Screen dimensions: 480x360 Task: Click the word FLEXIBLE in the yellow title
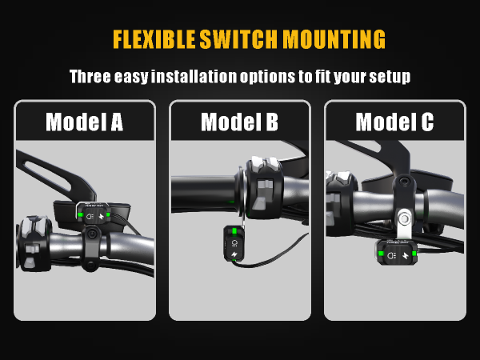click(154, 39)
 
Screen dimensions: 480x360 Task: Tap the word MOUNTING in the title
click(334, 39)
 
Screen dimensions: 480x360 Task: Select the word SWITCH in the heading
click(238, 39)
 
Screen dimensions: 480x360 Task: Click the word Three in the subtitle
click(90, 76)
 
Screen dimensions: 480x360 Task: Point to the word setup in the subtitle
click(390, 77)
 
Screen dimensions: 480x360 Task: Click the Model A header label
click(85, 122)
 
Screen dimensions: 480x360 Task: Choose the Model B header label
click(240, 122)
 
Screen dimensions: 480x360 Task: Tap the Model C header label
click(394, 122)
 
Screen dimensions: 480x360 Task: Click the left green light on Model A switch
click(81, 215)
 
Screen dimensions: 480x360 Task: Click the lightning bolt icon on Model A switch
click(102, 217)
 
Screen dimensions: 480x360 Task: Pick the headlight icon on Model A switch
click(90, 217)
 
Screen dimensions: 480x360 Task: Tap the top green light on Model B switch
click(234, 230)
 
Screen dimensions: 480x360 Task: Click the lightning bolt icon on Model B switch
click(234, 254)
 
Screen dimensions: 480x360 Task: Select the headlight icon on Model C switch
click(391, 255)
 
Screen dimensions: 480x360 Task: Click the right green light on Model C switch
click(414, 254)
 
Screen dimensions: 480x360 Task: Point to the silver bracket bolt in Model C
click(405, 218)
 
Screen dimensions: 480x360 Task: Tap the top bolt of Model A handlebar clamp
click(91, 234)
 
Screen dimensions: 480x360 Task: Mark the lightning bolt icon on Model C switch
click(406, 255)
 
